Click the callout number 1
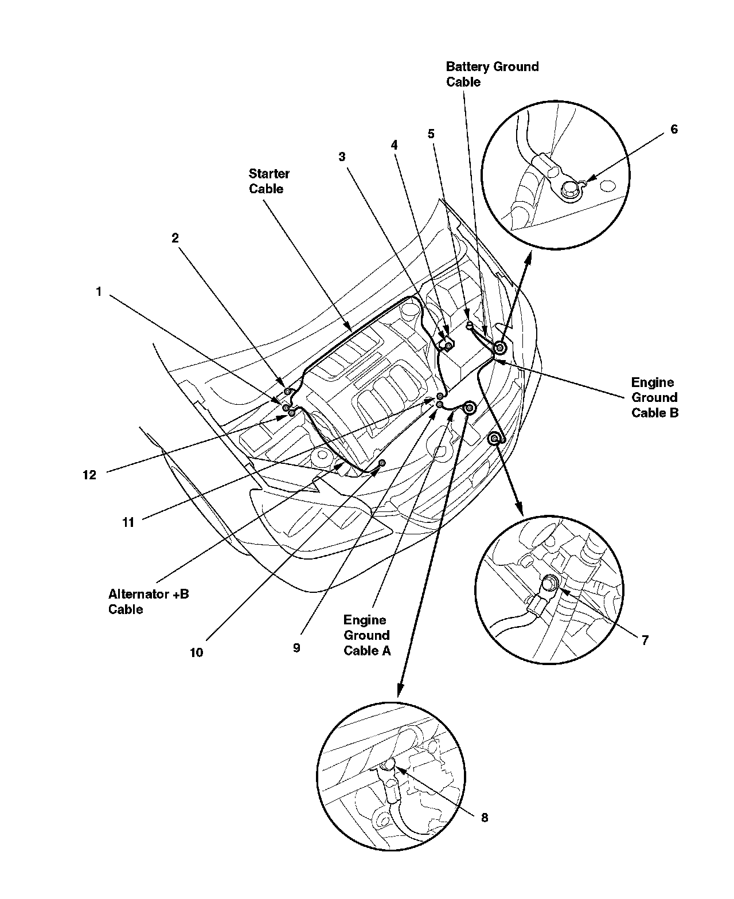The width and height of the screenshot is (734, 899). click(x=99, y=292)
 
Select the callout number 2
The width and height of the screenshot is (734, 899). click(x=175, y=238)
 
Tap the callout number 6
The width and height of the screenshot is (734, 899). click(x=674, y=130)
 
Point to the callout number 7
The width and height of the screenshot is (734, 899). click(x=645, y=640)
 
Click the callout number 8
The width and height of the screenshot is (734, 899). click(x=485, y=818)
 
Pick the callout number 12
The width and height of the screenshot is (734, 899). click(x=89, y=475)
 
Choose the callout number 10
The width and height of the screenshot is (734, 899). click(x=196, y=652)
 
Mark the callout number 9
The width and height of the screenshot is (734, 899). click(x=296, y=648)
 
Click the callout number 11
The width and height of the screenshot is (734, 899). click(x=128, y=522)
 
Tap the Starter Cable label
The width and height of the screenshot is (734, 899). click(x=269, y=181)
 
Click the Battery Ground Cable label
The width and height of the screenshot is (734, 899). click(x=492, y=74)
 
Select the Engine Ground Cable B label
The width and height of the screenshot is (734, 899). click(x=654, y=397)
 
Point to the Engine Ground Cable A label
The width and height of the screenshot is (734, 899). click(x=366, y=635)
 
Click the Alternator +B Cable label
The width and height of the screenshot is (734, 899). click(x=149, y=601)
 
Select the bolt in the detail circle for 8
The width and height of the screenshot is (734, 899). click(x=388, y=764)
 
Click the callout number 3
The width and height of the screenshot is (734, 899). click(x=342, y=157)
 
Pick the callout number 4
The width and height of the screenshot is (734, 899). click(x=394, y=146)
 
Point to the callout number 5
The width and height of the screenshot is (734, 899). click(x=431, y=134)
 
